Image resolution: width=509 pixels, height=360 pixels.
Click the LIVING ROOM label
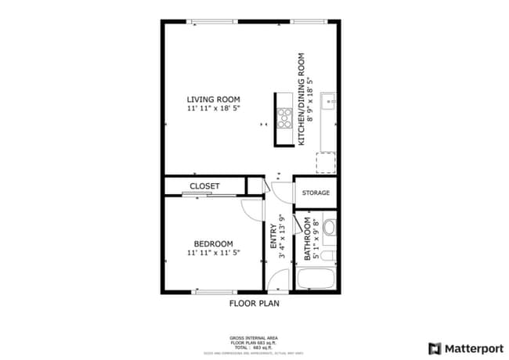[213, 99]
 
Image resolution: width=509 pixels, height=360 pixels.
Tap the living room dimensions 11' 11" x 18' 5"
[213, 109]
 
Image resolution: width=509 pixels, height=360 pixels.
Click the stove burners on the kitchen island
[283, 119]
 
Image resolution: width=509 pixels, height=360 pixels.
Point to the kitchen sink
[330, 101]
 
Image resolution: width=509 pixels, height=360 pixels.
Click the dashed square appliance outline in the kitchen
[326, 163]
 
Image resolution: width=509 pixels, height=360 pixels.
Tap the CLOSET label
[204, 186]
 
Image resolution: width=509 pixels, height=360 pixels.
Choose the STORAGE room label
[316, 193]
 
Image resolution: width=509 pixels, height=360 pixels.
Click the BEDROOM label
[212, 243]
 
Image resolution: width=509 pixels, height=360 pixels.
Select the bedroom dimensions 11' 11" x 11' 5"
[212, 254]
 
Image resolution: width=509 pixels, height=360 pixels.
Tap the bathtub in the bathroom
[316, 279]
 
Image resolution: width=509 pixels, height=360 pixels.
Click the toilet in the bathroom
[330, 255]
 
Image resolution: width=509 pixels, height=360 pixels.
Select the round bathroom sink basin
[329, 229]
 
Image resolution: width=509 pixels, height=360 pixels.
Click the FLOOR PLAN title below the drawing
[254, 302]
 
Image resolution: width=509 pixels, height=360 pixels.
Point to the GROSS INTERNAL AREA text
[254, 338]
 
